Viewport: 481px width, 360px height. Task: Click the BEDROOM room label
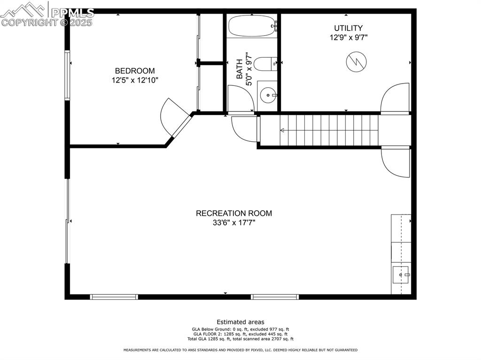coord(135,71)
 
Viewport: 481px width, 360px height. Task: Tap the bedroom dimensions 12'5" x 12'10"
coord(135,80)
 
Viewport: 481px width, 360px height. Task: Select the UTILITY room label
coord(348,28)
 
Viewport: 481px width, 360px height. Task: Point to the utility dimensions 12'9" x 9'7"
coord(348,38)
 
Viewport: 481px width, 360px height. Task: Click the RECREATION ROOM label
coord(233,213)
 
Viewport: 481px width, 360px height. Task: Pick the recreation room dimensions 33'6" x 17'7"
coord(233,223)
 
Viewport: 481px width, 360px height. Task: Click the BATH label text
coord(240,69)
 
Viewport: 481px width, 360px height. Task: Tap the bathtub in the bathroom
coord(252,26)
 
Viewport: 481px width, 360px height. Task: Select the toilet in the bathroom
coord(266,63)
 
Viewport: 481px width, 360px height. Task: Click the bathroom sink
coord(268,95)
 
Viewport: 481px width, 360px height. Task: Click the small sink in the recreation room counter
coord(401,274)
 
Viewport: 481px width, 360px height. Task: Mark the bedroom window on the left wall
coord(68,75)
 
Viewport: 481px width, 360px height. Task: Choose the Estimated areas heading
coord(240,322)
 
